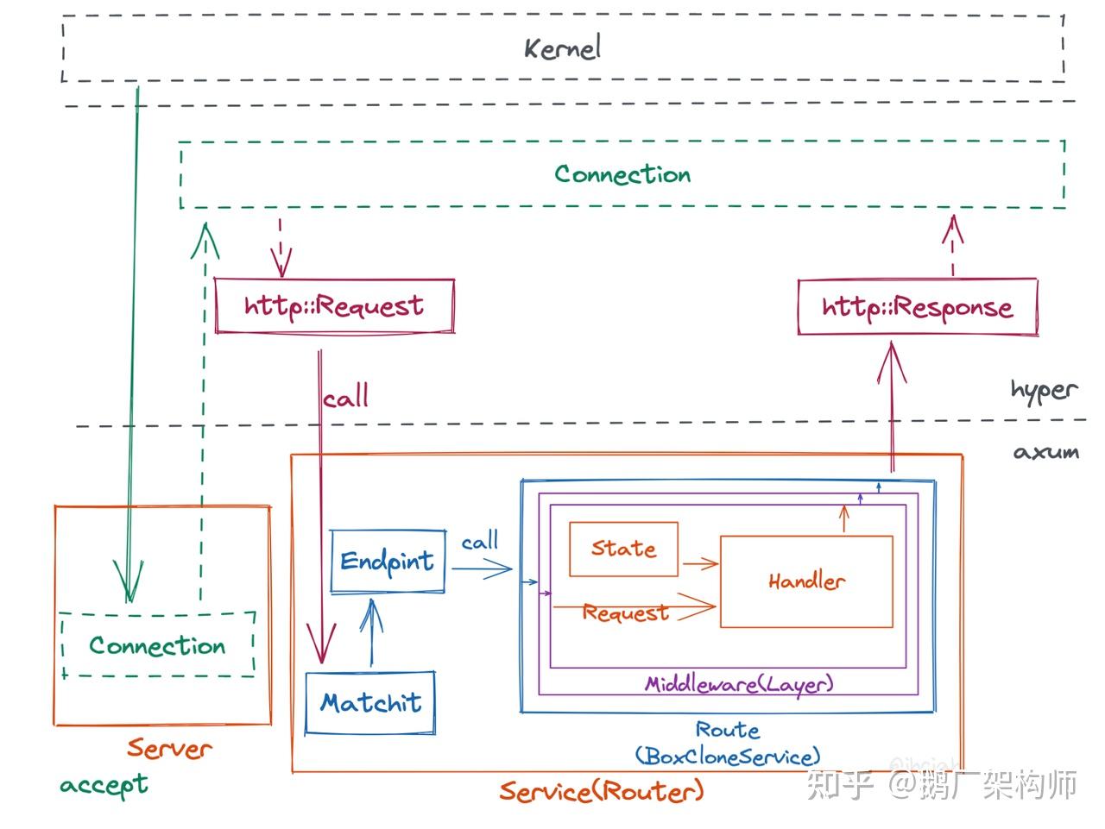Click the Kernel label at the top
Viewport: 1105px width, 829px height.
point(562,47)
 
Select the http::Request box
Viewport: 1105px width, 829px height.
point(334,306)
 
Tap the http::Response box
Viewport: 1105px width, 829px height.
point(917,307)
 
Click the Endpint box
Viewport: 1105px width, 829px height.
point(388,562)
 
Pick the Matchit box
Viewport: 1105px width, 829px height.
point(370,702)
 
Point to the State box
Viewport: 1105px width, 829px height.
point(623,549)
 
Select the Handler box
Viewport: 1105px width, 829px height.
point(806,581)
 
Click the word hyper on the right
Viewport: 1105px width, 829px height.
point(1044,390)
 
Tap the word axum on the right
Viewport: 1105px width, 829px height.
point(1045,452)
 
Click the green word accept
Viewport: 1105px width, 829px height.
point(104,785)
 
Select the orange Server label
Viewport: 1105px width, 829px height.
point(169,748)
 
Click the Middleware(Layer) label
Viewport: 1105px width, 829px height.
point(739,684)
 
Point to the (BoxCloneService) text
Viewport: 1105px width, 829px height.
point(728,757)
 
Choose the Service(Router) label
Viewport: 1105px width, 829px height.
point(602,791)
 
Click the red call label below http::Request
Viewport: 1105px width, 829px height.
point(346,398)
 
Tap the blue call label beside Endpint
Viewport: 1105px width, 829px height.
point(479,542)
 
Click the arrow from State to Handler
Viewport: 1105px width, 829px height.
point(700,564)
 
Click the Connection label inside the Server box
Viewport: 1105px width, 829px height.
point(157,645)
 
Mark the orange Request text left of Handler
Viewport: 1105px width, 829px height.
point(625,612)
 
